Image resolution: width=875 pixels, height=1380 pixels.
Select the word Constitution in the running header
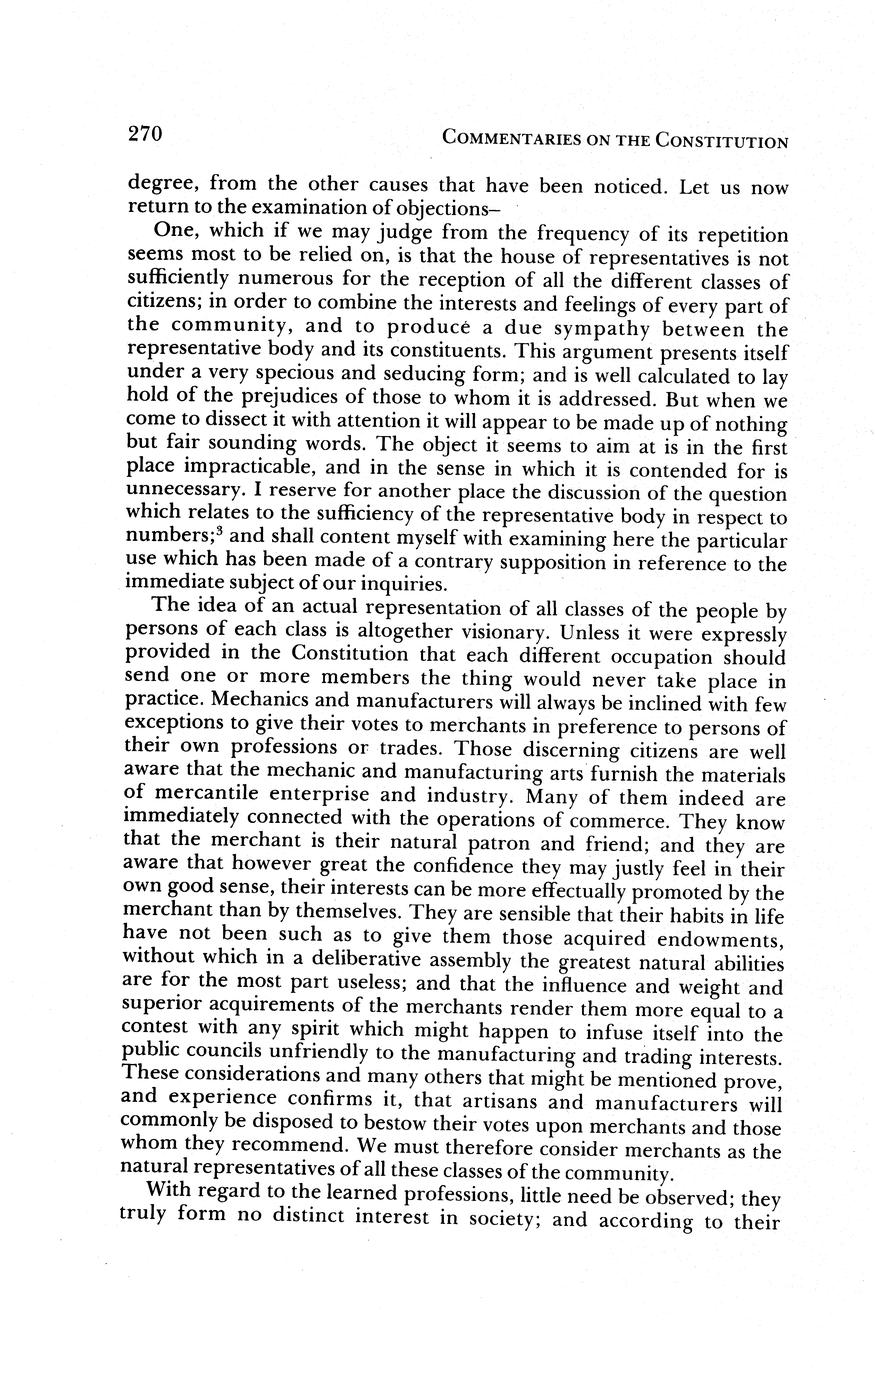click(722, 141)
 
